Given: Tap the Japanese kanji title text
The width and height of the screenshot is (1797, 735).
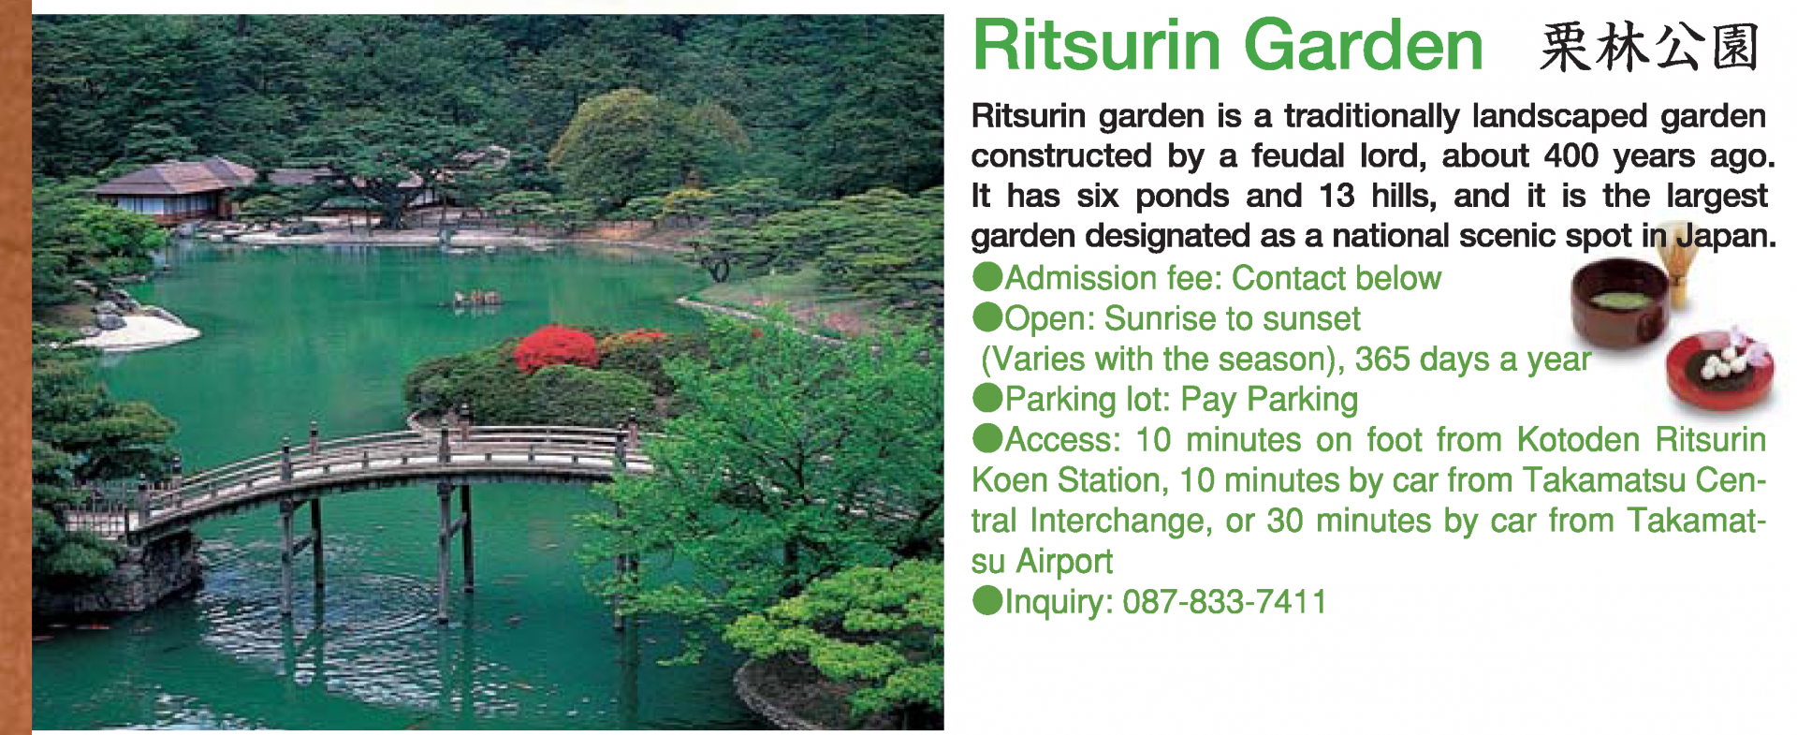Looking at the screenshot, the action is pos(1649,47).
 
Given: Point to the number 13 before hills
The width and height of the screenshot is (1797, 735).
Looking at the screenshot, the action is pos(1337,196).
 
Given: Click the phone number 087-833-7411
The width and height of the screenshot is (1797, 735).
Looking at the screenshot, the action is pos(1224,601).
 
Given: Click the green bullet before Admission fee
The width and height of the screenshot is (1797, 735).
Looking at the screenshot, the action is pos(987,277).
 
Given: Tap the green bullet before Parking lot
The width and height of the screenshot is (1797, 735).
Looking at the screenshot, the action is pos(987,398).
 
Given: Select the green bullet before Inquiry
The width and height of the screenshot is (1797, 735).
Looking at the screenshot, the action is pos(987,600).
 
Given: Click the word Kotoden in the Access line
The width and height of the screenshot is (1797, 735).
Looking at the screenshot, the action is pos(1578,439).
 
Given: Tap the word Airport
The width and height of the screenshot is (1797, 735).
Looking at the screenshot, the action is pos(1064,561).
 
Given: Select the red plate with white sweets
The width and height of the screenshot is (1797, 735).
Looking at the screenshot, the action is pos(1720,370).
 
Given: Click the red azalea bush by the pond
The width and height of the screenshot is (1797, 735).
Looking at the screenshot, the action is pos(556,348).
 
